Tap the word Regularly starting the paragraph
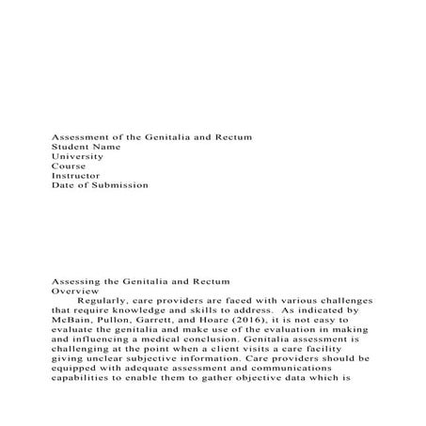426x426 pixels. click(x=109, y=306)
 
